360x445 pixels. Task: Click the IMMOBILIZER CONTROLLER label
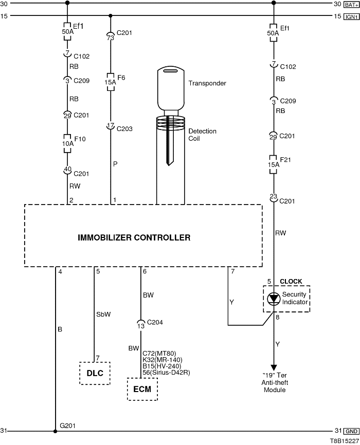click(134, 237)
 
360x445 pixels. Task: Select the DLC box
click(95, 374)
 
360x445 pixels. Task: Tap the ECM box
click(142, 389)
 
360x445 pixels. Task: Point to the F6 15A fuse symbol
click(111, 82)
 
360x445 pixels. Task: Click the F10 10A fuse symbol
click(67, 140)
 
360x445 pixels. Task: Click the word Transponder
click(207, 83)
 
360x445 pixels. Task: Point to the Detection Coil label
click(202, 135)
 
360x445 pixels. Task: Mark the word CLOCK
click(291, 282)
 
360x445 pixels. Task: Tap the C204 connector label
click(155, 323)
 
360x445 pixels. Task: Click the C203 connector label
click(124, 128)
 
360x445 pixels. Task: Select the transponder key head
click(170, 87)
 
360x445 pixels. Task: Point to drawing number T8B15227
click(345, 440)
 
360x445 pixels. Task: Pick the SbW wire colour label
click(103, 314)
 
